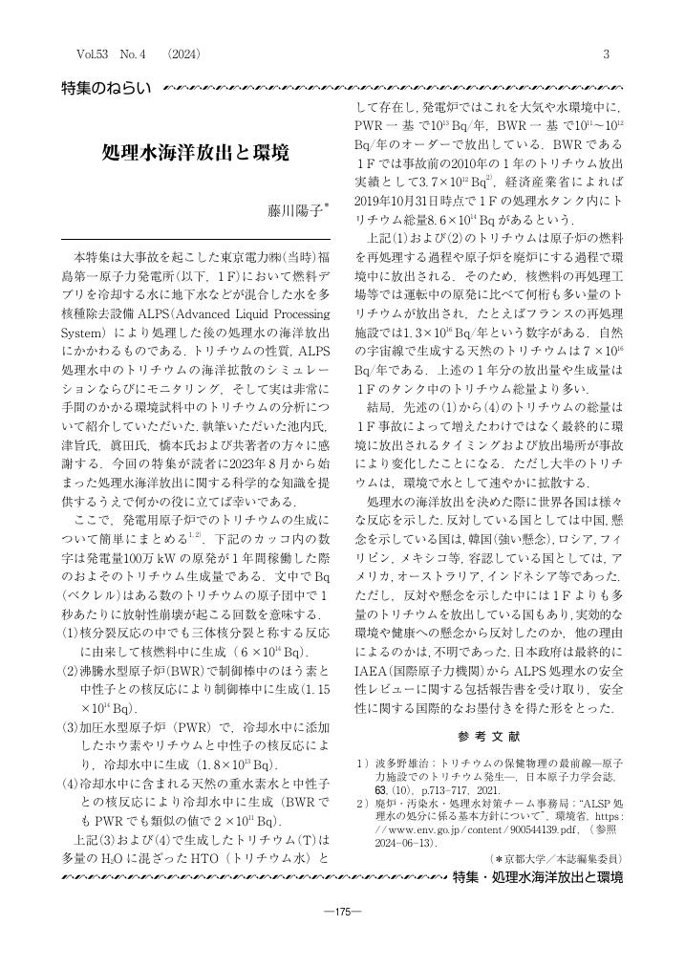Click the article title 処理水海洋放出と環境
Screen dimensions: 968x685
click(195, 153)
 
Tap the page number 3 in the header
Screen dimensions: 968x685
click(606, 54)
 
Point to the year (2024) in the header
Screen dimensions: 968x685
click(183, 54)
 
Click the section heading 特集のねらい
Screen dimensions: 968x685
click(106, 88)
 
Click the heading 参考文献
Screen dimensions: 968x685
click(487, 738)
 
